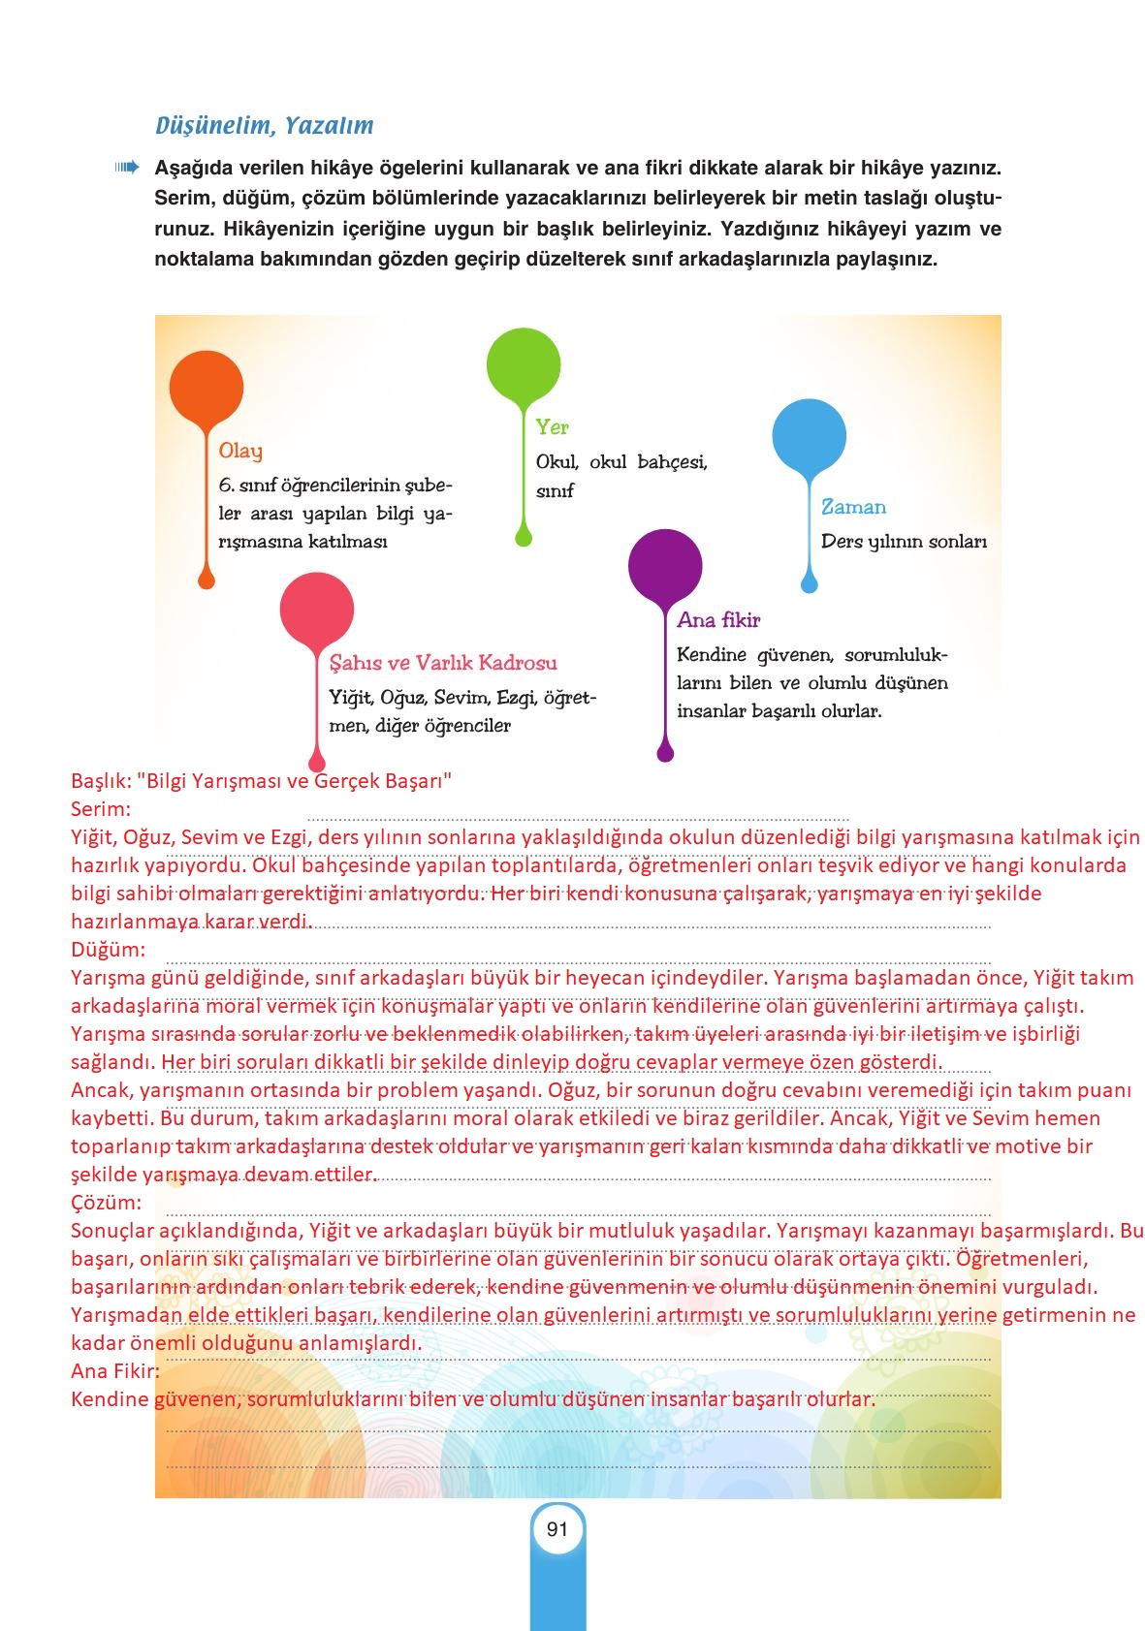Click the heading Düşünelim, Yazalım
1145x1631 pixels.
264,126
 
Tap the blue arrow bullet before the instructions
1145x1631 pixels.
127,168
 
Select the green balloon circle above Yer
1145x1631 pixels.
524,365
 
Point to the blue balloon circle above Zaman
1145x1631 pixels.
810,436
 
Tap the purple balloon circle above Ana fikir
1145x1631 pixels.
665,566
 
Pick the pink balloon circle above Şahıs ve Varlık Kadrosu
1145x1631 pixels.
317,610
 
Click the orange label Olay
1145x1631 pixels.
240,451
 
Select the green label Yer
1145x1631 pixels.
553,427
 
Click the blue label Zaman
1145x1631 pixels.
853,507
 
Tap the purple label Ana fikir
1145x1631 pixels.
718,620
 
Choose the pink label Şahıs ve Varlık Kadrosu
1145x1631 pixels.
443,663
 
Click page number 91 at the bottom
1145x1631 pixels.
557,1529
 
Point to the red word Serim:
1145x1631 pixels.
101,809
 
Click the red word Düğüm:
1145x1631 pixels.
108,950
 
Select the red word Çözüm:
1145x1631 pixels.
106,1203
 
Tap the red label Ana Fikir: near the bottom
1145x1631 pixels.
115,1371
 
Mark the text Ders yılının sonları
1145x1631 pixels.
904,542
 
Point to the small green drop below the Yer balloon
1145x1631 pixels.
524,537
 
